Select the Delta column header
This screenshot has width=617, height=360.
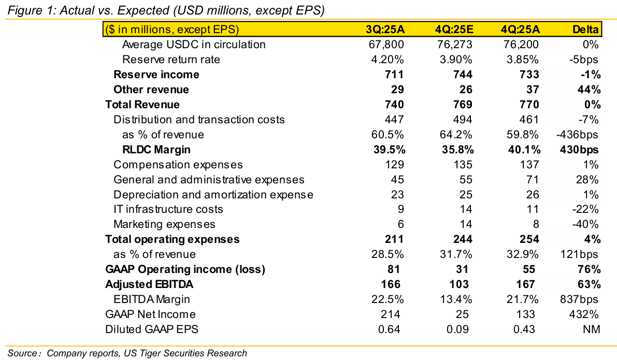tap(586, 30)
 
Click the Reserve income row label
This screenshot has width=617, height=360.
tap(156, 75)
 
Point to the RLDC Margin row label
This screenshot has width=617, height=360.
tap(156, 150)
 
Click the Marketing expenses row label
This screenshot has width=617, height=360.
tap(164, 224)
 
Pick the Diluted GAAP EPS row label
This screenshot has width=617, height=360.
tap(152, 329)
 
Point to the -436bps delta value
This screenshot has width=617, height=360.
tap(578, 135)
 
